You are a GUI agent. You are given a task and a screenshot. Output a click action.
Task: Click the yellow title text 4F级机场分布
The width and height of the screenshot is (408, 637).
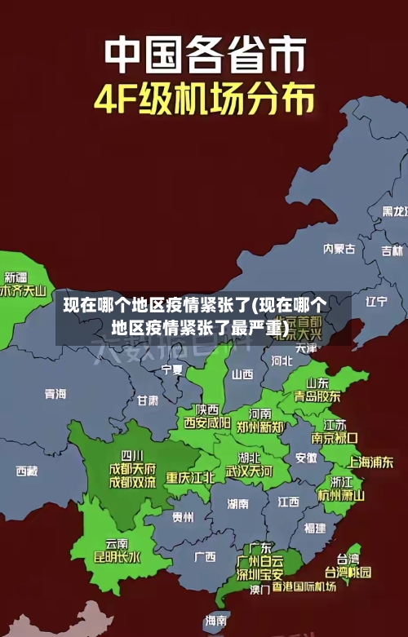[x=204, y=100]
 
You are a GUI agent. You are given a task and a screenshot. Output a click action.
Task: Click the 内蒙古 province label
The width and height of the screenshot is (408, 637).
[x=339, y=226]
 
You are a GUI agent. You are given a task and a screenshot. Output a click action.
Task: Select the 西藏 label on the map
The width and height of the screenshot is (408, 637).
[x=27, y=471]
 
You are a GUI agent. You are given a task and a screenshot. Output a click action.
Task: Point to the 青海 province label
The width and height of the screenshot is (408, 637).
[x=55, y=394]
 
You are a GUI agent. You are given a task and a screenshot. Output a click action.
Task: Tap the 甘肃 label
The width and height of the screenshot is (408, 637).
[x=148, y=400]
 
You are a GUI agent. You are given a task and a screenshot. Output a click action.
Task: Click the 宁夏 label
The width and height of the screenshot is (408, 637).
[x=172, y=369]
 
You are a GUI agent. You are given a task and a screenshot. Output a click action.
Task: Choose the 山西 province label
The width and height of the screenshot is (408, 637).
[x=242, y=374]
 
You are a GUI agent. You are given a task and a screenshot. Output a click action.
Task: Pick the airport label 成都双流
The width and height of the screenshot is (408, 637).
[x=132, y=482]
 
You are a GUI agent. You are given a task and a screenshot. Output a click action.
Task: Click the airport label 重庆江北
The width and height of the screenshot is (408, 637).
[x=190, y=477]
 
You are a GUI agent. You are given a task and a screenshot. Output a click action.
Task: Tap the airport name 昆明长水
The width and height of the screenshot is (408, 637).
[x=117, y=558]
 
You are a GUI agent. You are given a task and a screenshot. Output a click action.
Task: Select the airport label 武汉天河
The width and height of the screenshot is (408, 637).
[x=250, y=471]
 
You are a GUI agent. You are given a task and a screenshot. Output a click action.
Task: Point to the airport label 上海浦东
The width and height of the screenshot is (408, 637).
[x=370, y=462]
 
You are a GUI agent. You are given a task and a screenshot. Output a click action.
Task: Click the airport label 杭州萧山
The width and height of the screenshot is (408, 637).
[x=341, y=495]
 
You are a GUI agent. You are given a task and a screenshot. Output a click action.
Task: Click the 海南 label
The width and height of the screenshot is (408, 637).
[x=215, y=621]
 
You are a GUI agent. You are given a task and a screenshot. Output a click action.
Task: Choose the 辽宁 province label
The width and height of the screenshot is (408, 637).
[x=376, y=301]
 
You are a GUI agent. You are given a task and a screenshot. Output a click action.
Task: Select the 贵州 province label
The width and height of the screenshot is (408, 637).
[x=183, y=517]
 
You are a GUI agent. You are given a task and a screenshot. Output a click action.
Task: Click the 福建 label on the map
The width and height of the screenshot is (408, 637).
[x=314, y=528]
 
